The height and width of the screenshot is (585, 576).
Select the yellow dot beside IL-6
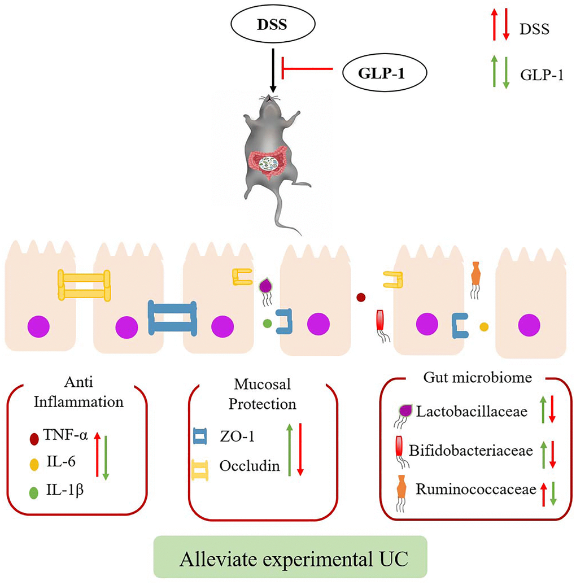click(x=34, y=463)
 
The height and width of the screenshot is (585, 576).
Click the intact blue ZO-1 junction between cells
click(x=173, y=317)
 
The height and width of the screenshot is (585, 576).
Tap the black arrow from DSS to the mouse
click(x=273, y=71)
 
